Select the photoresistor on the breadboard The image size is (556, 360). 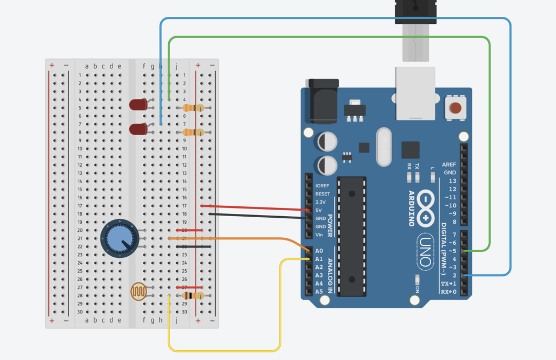(139, 292)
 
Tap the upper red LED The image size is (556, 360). (138, 104)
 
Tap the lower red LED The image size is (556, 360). (138, 129)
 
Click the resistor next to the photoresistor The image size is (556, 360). (192, 296)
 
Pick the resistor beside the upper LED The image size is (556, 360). (193, 108)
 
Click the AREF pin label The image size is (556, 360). (448, 164)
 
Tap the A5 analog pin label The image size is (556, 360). (319, 292)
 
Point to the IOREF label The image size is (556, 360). (323, 186)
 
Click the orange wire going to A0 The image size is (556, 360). (233, 238)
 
